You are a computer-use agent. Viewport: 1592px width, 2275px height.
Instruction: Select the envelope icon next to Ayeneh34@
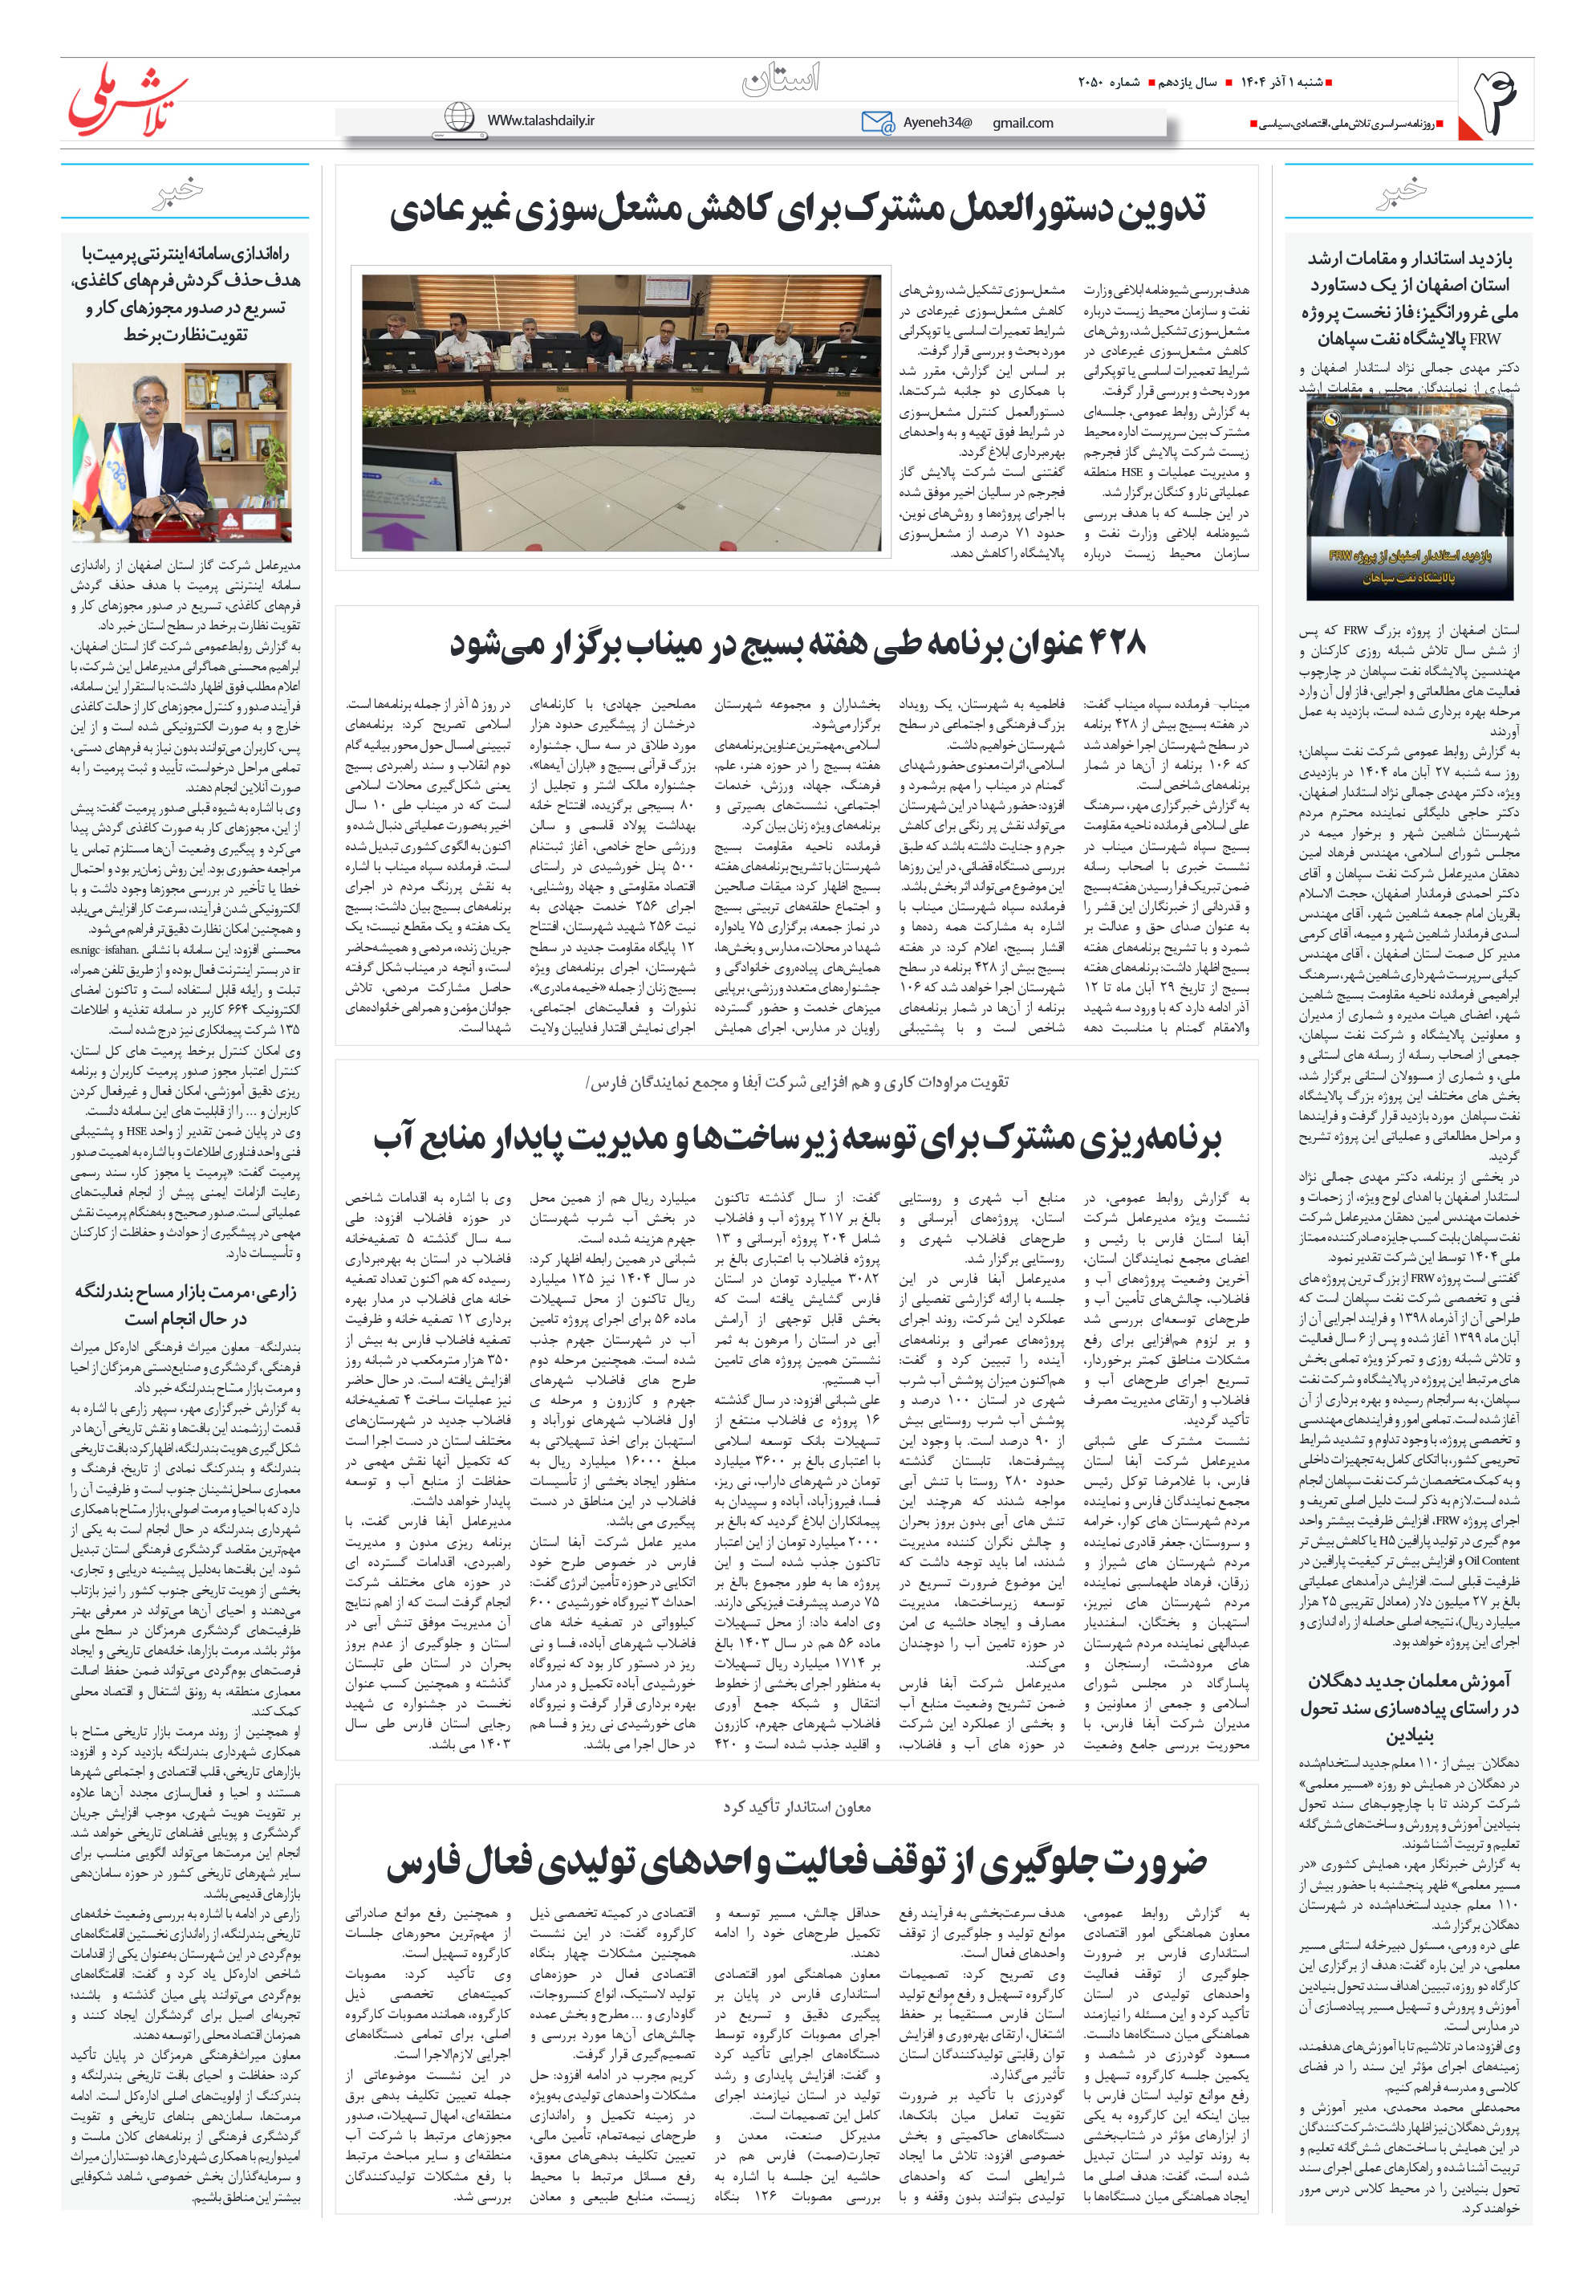(877, 122)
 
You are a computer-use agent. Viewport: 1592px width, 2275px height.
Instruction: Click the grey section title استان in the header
(781, 79)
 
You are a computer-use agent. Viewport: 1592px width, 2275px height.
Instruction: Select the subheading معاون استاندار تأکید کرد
(797, 1807)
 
